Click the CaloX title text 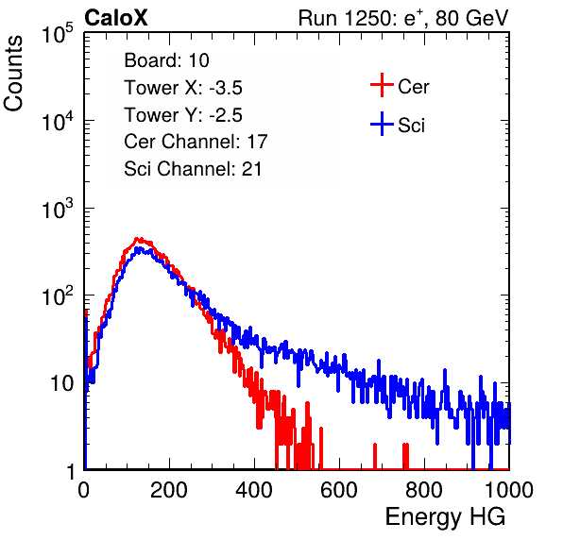coord(116,18)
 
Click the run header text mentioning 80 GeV coord(403,18)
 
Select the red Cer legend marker coord(382,85)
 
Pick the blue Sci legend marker coord(382,125)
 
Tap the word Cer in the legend coord(413,87)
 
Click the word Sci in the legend coord(412,126)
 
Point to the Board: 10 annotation coord(166,60)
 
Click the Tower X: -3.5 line coord(183,88)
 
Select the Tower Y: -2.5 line coord(183,115)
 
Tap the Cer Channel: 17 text coord(196,142)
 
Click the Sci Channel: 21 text coord(193,169)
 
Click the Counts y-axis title coord(13,74)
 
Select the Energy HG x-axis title coord(445,517)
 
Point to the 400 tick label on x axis coord(254,490)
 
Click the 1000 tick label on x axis coord(509,490)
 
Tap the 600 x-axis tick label coord(339,490)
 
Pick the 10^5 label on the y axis coord(58,34)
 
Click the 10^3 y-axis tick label coord(58,210)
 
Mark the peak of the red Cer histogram coord(136,238)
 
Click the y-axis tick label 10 coord(62,384)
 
